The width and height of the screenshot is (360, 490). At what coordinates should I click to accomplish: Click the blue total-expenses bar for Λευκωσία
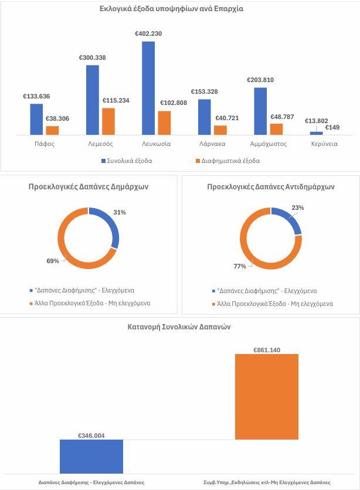(x=148, y=88)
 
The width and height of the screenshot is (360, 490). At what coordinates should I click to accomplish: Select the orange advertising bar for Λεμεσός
(x=108, y=121)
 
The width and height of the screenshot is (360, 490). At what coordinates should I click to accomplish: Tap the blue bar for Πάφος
(x=36, y=119)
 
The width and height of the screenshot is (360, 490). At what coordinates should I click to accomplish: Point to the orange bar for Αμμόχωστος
(x=276, y=129)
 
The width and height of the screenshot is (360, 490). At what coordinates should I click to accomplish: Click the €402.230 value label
(x=148, y=34)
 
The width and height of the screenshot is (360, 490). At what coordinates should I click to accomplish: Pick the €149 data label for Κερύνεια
(x=333, y=127)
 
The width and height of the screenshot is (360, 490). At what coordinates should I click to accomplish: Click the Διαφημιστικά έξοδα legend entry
(x=229, y=161)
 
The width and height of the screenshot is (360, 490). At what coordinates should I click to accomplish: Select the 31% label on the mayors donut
(x=120, y=212)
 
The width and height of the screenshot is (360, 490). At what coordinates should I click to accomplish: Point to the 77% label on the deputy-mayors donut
(x=240, y=266)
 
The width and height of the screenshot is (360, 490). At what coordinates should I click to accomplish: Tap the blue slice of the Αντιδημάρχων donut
(x=290, y=222)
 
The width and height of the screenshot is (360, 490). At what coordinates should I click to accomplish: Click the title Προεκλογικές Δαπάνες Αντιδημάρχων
(x=271, y=187)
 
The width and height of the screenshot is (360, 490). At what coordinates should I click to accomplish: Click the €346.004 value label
(x=91, y=436)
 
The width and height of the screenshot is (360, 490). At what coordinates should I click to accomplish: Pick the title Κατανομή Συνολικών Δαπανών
(x=179, y=327)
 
